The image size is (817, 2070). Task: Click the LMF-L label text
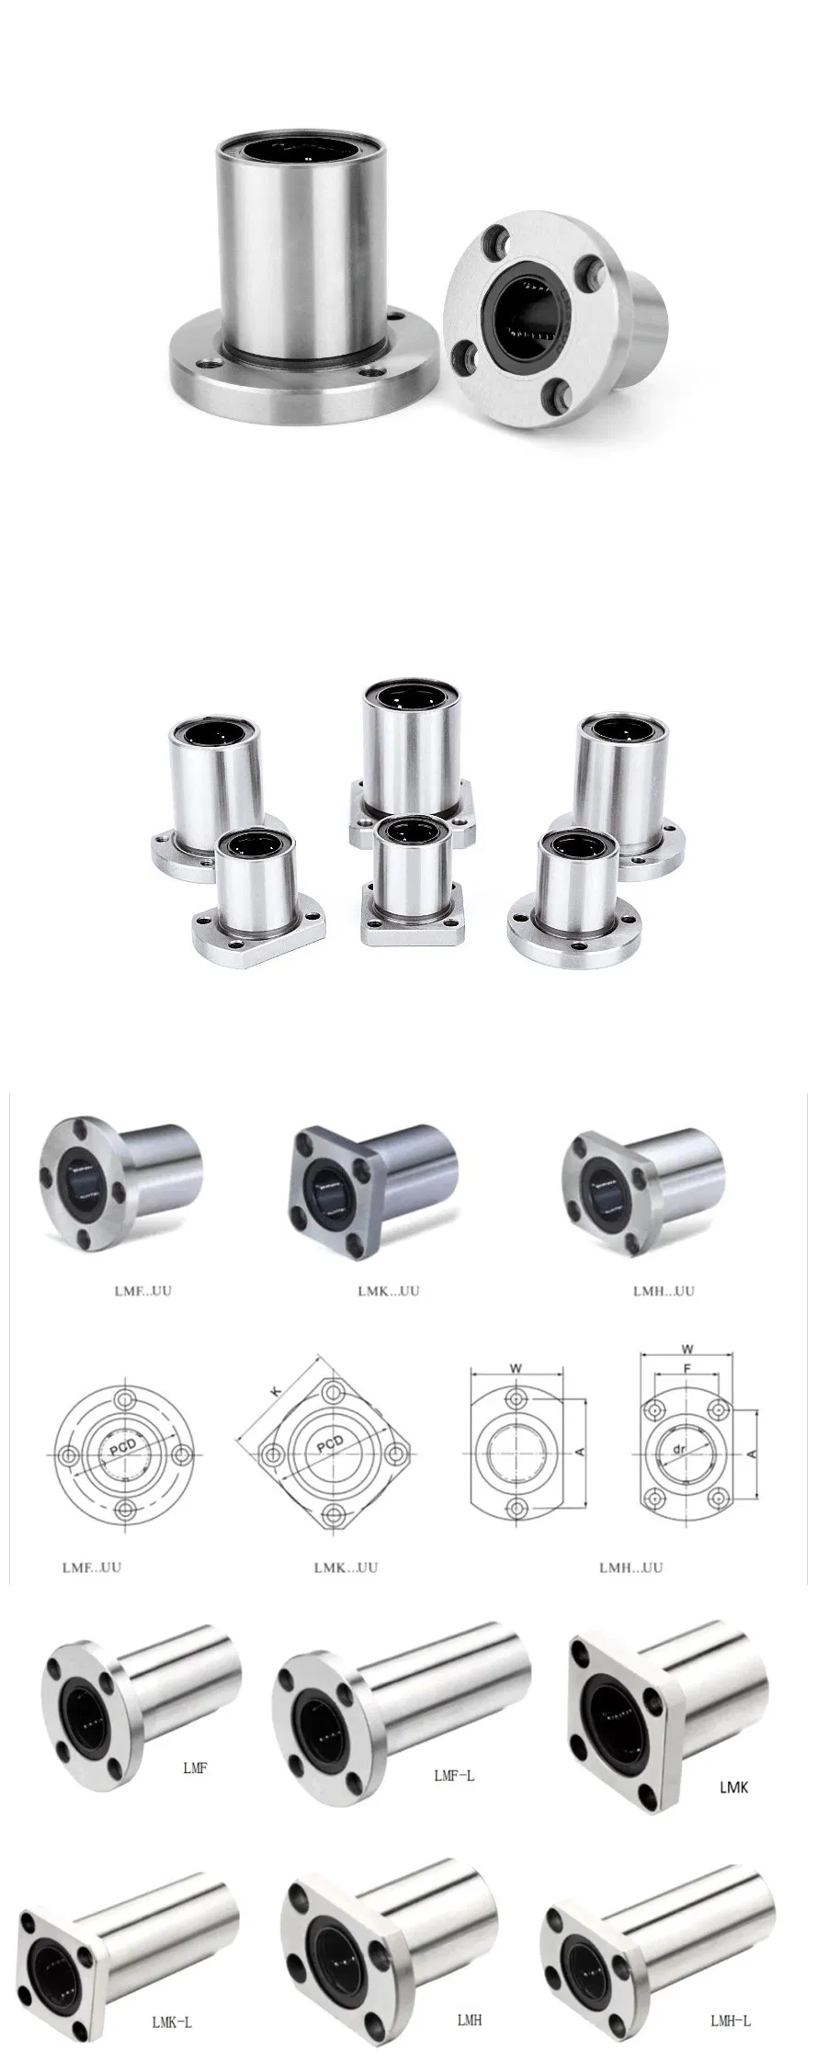click(453, 1776)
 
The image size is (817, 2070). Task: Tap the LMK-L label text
click(171, 2021)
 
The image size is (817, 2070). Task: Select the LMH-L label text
click(730, 2020)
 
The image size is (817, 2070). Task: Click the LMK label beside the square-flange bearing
click(733, 1787)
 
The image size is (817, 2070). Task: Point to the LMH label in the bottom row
click(469, 2020)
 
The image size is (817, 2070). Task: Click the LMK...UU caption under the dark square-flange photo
click(388, 1291)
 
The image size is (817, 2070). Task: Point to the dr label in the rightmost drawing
click(681, 1449)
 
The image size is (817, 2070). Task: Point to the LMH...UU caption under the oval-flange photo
click(664, 1291)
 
